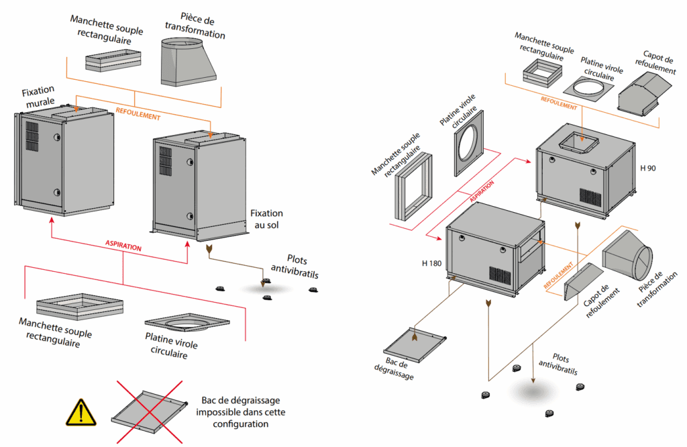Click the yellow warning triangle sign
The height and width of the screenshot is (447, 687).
coord(82,412)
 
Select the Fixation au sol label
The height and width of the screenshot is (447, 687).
coord(266,219)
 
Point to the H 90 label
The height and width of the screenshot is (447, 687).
coord(647,168)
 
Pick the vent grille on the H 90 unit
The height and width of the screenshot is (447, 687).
coord(590,196)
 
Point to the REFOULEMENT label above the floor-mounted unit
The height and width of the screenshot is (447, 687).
coord(138,115)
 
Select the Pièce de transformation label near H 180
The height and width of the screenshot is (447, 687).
coord(650,289)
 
